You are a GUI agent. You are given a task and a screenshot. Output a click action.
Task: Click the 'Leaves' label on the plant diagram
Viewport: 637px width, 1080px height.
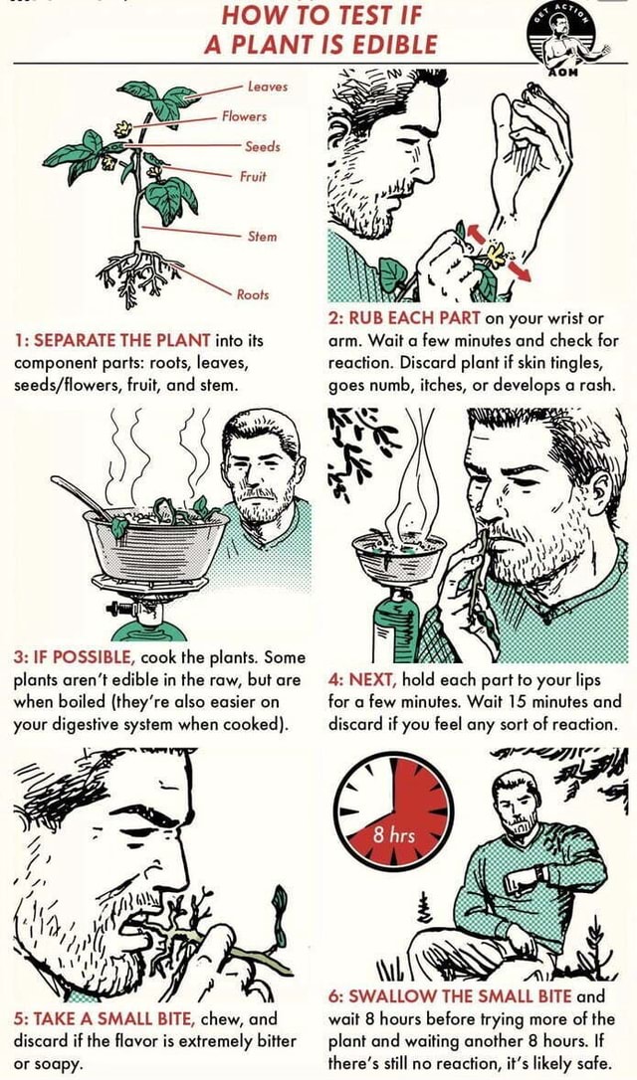click(268, 87)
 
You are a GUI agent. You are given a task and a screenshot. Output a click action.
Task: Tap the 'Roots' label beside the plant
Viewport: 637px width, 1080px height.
click(253, 294)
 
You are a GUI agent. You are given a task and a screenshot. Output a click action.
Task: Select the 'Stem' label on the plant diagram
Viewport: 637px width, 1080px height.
click(262, 237)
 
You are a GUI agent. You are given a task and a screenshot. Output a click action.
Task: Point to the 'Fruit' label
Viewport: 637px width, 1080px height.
click(253, 176)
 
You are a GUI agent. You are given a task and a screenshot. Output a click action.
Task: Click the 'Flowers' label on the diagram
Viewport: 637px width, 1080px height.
click(244, 116)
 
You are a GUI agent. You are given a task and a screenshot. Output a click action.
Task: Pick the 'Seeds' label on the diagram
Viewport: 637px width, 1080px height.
click(262, 146)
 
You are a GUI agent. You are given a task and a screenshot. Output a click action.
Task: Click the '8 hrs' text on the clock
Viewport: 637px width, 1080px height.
click(393, 836)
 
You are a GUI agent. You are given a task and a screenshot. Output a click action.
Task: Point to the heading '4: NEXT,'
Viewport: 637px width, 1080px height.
click(362, 680)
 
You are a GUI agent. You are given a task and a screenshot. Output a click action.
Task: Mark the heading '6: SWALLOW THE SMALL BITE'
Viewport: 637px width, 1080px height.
click(450, 996)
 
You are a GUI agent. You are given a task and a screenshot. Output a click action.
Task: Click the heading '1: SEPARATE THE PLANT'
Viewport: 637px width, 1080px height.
click(112, 340)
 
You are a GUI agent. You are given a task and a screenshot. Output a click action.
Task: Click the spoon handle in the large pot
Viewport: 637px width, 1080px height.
click(78, 494)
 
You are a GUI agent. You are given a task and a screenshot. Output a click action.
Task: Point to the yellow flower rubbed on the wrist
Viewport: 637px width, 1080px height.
click(495, 255)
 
